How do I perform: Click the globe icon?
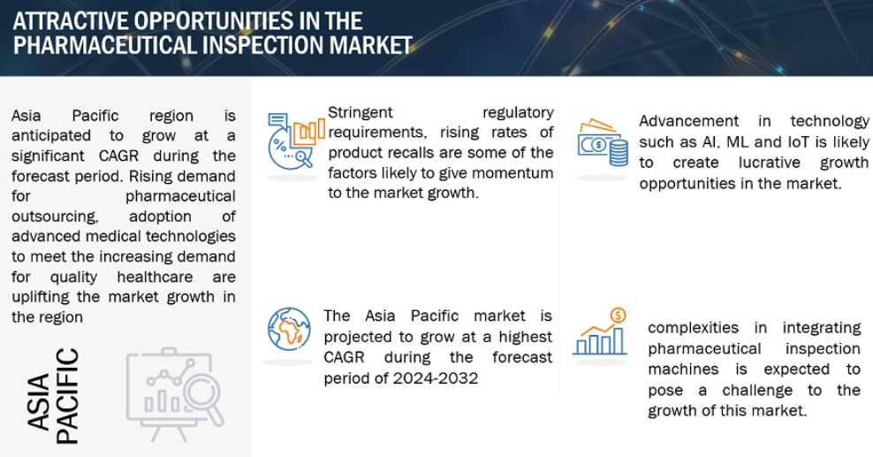tap(288, 329)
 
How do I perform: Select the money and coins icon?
tap(603, 142)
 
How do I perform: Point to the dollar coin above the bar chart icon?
tap(618, 316)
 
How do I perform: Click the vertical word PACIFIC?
tap(67, 396)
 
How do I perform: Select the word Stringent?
tap(361, 112)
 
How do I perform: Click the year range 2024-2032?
tap(435, 378)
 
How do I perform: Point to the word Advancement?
tap(688, 121)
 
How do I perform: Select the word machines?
tap(683, 369)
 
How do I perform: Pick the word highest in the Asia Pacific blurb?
tap(525, 338)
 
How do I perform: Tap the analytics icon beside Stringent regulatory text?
tap(295, 141)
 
